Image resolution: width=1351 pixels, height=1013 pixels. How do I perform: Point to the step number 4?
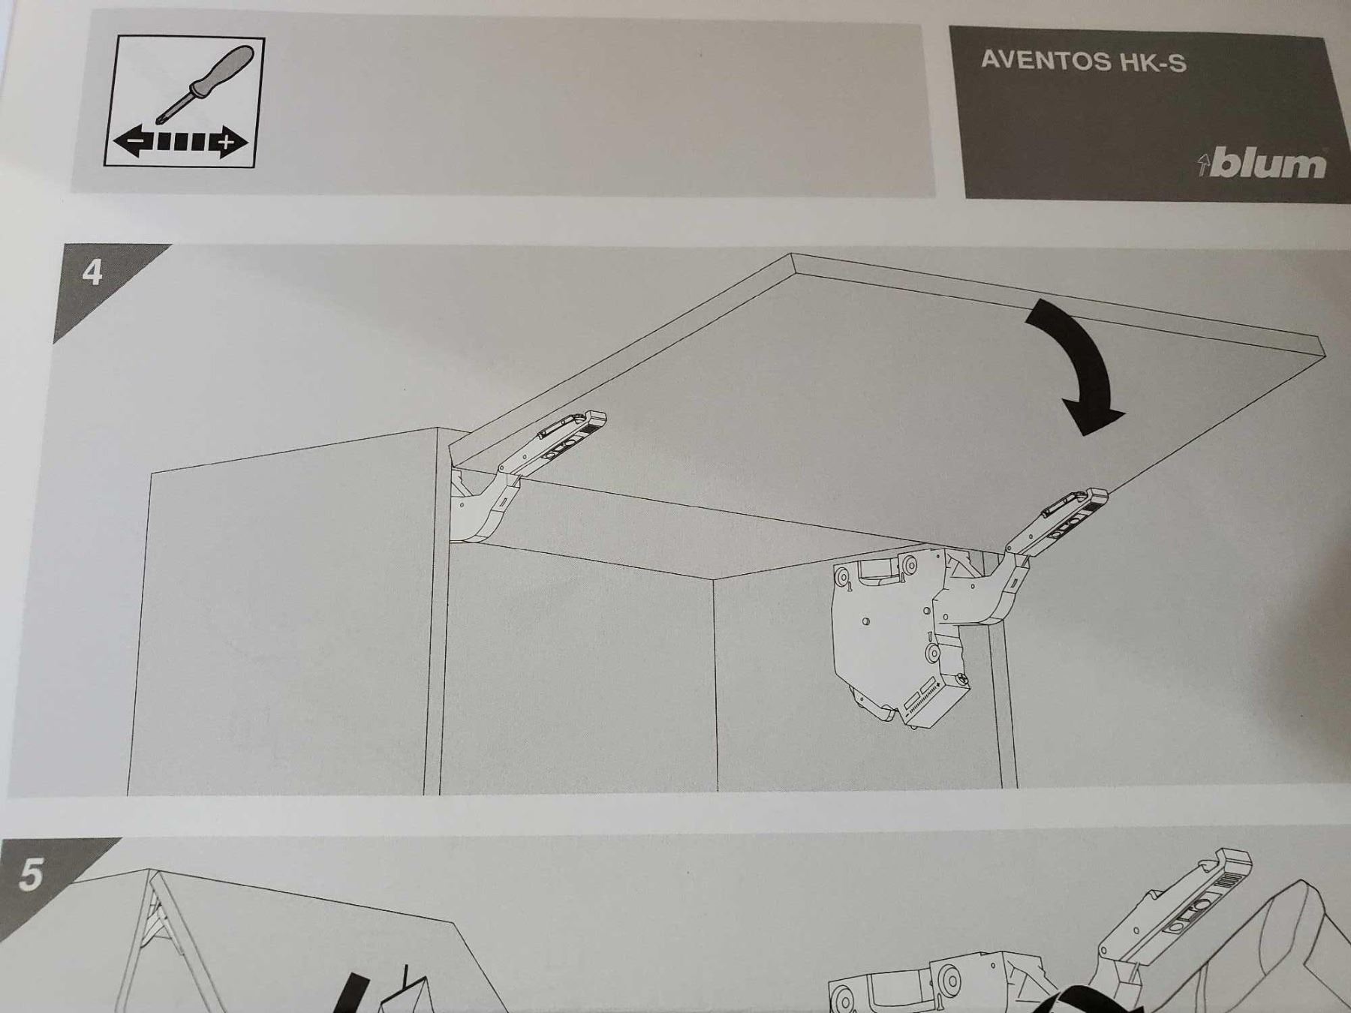pyautogui.click(x=92, y=272)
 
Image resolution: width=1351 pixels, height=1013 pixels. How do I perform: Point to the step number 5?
pyautogui.click(x=30, y=874)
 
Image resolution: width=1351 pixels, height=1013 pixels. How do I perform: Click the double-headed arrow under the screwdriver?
pyautogui.click(x=180, y=141)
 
